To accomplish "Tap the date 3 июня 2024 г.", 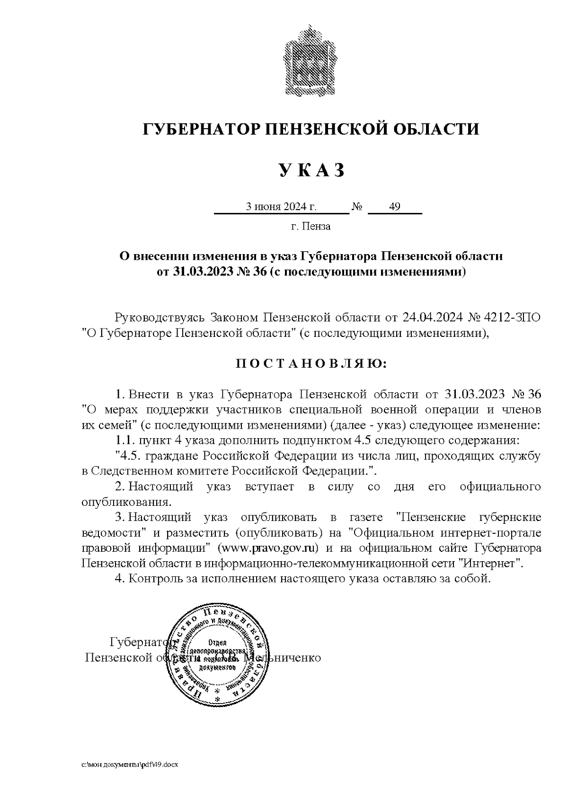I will coord(280,207).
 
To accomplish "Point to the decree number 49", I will coord(394,207).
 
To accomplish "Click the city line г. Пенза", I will coord(311,226).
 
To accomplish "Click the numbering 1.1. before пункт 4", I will coord(125,440).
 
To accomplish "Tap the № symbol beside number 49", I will coord(357,207).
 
